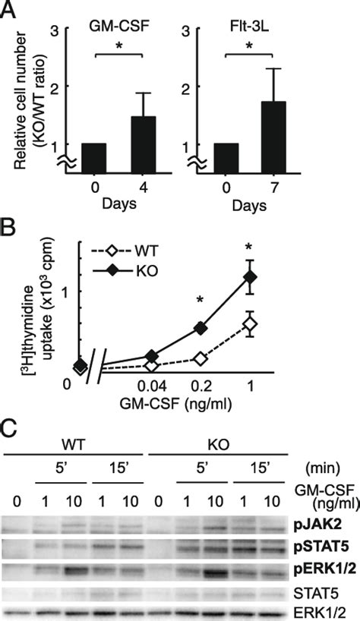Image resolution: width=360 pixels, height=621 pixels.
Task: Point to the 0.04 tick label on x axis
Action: [152, 386]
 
